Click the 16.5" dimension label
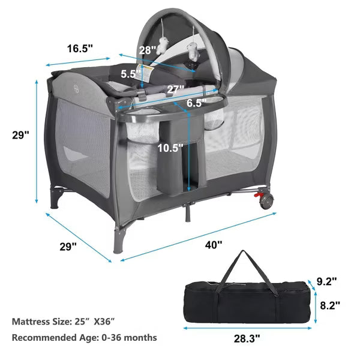tap(80, 49)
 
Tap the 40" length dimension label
tap(214, 245)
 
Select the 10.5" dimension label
tap(170, 148)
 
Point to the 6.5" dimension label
tap(196, 103)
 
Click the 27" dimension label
tap(176, 89)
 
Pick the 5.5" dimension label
tap(130, 74)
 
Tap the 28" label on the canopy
tap(148, 50)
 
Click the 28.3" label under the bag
tap(247, 338)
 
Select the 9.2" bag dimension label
tap(327, 281)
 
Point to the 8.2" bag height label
tap(330, 305)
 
